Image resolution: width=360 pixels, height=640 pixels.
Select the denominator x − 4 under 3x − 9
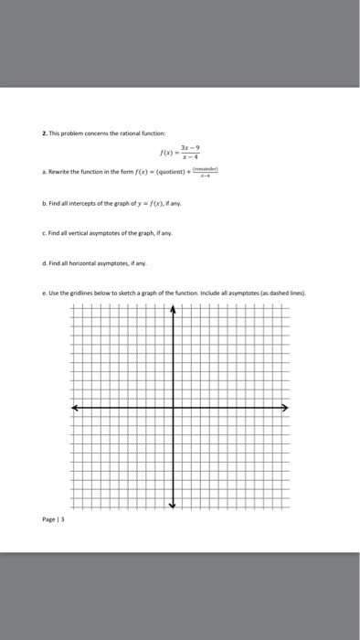[x=191, y=158]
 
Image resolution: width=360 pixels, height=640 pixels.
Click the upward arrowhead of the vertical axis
[x=174, y=310]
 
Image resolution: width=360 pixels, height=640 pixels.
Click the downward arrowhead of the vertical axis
[x=174, y=506]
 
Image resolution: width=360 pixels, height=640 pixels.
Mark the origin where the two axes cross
[x=174, y=407]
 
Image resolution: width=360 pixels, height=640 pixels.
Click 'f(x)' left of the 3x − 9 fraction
[x=165, y=154]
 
